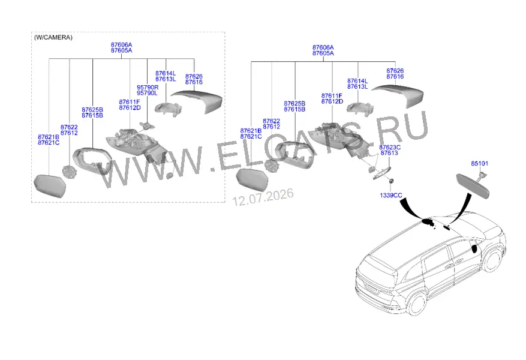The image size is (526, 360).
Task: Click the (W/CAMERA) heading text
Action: pyautogui.click(x=53, y=38)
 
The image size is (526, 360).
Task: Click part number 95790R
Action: pyautogui.click(x=148, y=88)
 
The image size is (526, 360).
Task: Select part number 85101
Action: pyautogui.click(x=480, y=164)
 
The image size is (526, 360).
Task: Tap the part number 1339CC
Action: pyautogui.click(x=391, y=195)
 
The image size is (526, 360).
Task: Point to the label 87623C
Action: pyautogui.click(x=390, y=147)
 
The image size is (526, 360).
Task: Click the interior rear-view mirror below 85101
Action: pyautogui.click(x=473, y=185)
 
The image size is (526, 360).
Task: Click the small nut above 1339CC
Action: pyautogui.click(x=391, y=181)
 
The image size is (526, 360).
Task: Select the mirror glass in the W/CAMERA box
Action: pyautogui.click(x=50, y=186)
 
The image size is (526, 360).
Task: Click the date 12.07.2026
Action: pyautogui.click(x=263, y=197)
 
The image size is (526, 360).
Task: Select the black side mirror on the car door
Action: pyautogui.click(x=474, y=248)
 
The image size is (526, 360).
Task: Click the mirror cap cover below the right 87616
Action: pyautogui.click(x=398, y=95)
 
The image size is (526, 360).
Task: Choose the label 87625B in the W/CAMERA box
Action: pyautogui.click(x=92, y=110)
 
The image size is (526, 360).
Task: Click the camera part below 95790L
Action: pyautogui.click(x=147, y=126)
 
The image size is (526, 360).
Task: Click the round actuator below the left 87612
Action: pyautogui.click(x=70, y=172)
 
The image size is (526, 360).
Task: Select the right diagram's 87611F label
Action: pyautogui.click(x=332, y=96)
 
